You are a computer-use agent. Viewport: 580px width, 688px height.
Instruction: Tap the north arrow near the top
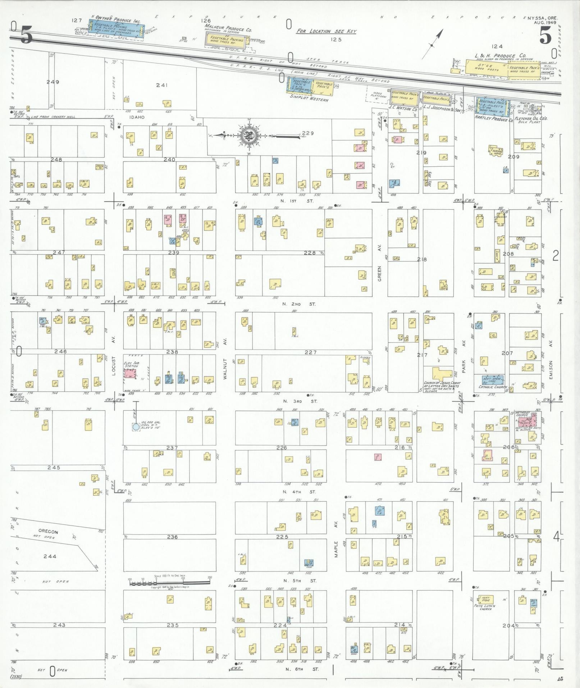tap(433, 43)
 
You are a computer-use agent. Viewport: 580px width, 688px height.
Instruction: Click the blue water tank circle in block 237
tap(136, 427)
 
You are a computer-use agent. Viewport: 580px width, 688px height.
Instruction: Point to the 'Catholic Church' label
tap(492, 387)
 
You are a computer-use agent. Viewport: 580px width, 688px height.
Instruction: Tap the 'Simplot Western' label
tap(309, 100)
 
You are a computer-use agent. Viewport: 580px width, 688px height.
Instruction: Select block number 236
tap(172, 537)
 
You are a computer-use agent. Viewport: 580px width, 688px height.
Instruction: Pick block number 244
tap(50, 556)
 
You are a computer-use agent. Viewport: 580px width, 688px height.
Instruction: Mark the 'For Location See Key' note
tap(326, 32)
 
